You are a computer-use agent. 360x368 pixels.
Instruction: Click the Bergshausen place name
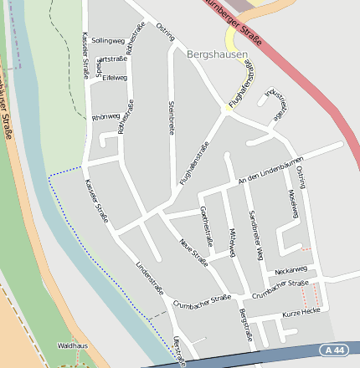pyautogui.click(x=218, y=54)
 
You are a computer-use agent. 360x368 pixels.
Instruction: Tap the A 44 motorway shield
pyautogui.click(x=332, y=350)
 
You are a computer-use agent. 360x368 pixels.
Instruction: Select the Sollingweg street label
pyautogui.click(x=107, y=40)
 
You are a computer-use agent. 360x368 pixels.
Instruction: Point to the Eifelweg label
pyautogui.click(x=114, y=77)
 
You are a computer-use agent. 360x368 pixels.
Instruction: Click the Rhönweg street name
pyautogui.click(x=105, y=117)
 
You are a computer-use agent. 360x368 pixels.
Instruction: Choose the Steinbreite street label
pyautogui.click(x=171, y=116)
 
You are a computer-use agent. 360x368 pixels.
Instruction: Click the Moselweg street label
pyautogui.click(x=293, y=203)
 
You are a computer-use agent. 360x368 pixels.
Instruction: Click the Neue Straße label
pyautogui.click(x=193, y=252)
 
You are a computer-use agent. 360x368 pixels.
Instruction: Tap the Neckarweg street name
pyautogui.click(x=291, y=269)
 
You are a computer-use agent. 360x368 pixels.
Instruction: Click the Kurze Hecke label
pyautogui.click(x=301, y=311)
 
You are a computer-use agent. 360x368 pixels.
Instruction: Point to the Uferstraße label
pyautogui.click(x=177, y=351)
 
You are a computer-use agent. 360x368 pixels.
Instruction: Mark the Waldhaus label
pyautogui.click(x=72, y=345)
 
